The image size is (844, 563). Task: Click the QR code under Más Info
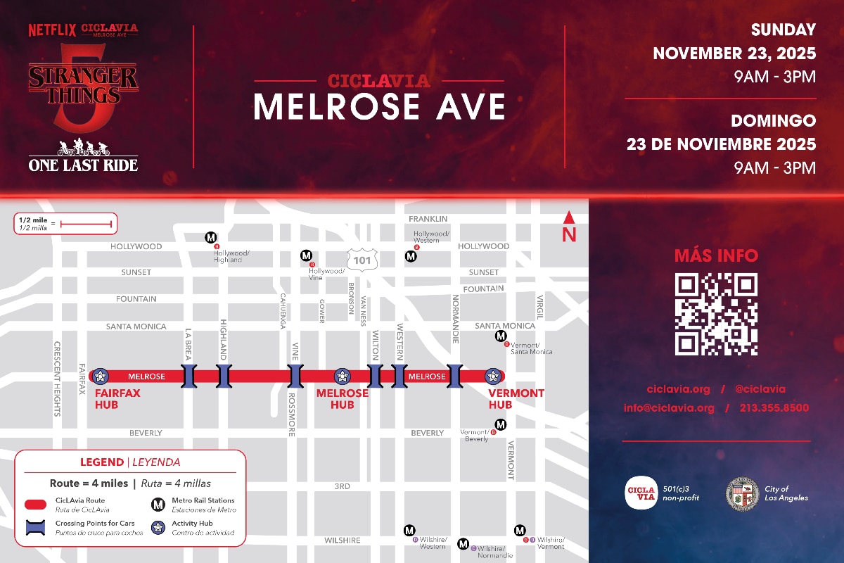click(x=716, y=314)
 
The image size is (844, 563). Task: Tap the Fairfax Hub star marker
click(x=100, y=376)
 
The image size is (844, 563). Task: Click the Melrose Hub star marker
click(x=343, y=376)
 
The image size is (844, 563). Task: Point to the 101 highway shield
click(x=364, y=259)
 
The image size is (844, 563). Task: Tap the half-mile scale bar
click(x=86, y=224)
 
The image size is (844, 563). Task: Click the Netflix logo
click(x=52, y=30)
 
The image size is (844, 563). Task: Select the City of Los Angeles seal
click(x=742, y=493)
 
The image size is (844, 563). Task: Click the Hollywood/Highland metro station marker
click(x=210, y=237)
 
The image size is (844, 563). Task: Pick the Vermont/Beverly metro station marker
click(x=501, y=424)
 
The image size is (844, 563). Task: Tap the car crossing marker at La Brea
click(x=188, y=376)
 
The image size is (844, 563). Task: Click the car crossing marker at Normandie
click(x=455, y=376)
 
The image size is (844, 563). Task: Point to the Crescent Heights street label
click(x=57, y=379)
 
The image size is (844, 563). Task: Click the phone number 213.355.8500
click(x=774, y=408)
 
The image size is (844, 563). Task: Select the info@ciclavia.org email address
click(x=669, y=408)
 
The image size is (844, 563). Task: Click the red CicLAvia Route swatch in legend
click(x=36, y=505)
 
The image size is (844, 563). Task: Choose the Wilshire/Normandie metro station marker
click(x=463, y=543)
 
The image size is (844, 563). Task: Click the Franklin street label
click(x=428, y=219)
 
